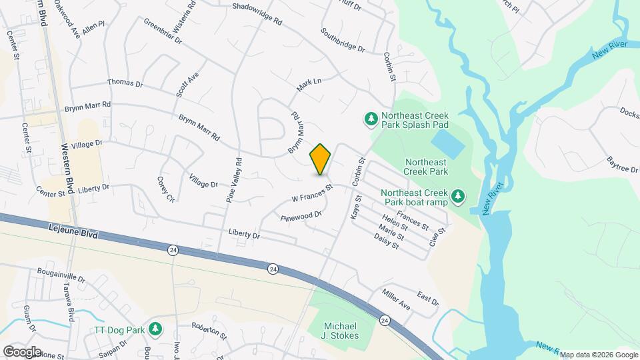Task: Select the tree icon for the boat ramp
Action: coord(457,195)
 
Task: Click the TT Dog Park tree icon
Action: coord(155,329)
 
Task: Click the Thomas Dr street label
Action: coord(125,84)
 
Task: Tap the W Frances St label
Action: coord(312,194)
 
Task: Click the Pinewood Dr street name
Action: coord(301,216)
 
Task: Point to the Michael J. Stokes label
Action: coord(341,331)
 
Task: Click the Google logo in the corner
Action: coord(22,351)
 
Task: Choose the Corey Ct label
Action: coord(165,189)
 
